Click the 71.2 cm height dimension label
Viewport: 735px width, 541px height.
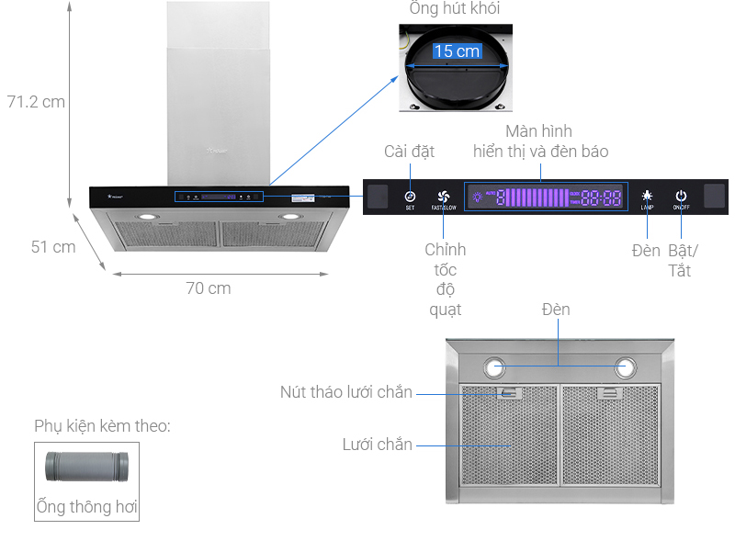pos(36,101)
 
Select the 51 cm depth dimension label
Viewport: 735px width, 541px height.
pos(53,246)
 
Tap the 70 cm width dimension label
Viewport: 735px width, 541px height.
pos(209,287)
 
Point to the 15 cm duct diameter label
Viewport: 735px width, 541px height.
pos(457,51)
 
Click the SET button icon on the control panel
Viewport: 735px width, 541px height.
pos(410,196)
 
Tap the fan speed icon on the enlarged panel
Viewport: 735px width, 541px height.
pos(443,196)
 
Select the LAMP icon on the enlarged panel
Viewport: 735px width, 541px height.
pos(647,196)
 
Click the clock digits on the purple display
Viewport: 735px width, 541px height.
pos(602,197)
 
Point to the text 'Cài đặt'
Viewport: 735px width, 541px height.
pos(409,152)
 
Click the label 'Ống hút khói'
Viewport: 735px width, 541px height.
pos(456,9)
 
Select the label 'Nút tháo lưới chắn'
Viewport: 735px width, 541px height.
pos(346,392)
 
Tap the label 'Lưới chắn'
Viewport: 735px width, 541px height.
pos(377,445)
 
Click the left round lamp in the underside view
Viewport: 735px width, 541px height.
pos(495,367)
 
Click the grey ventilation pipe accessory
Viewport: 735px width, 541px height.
pos(87,468)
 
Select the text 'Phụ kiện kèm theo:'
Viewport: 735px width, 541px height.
pos(102,426)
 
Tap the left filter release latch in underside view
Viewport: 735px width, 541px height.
pos(506,393)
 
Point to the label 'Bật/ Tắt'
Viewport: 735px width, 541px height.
pos(683,260)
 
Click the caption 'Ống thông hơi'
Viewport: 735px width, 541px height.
pos(87,506)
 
